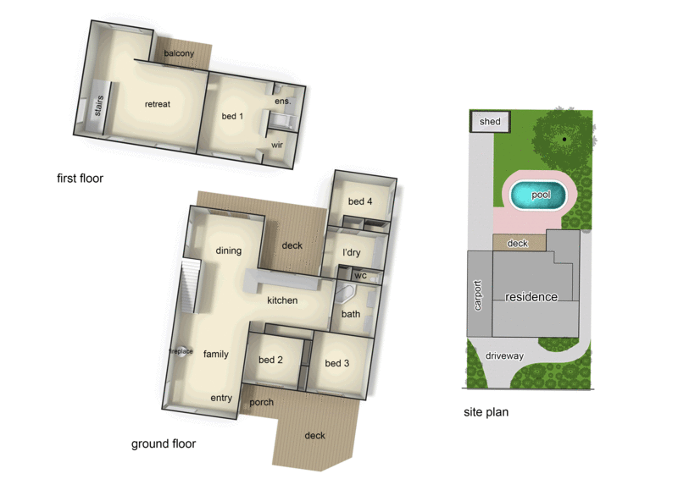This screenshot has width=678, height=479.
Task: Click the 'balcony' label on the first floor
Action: coord(179,54)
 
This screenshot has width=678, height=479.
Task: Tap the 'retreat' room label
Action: coord(158,104)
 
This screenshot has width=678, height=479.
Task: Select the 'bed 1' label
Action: coord(232,116)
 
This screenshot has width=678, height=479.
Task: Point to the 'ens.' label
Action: coord(283,102)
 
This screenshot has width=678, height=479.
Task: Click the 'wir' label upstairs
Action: coord(276,145)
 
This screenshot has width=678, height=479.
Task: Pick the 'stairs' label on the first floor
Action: coord(98,108)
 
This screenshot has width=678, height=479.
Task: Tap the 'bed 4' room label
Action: coord(360,201)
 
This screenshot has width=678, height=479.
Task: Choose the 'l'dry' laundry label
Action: coord(352,252)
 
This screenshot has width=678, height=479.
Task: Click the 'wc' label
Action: coord(359,275)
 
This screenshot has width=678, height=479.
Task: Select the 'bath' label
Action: coord(350,314)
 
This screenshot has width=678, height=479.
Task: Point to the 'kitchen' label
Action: coord(282,300)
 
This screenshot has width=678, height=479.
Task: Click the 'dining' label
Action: coord(228,251)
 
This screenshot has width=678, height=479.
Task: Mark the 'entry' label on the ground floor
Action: coord(221,398)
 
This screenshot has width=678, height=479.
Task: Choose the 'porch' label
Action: coord(262,402)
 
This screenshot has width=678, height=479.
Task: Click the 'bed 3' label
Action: coord(337,363)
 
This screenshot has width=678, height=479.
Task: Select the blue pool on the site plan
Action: coord(541,195)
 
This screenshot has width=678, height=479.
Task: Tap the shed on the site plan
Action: coord(490,122)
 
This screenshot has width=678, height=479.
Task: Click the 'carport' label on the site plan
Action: coord(478,295)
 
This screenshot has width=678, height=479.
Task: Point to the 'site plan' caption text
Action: coord(486,413)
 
